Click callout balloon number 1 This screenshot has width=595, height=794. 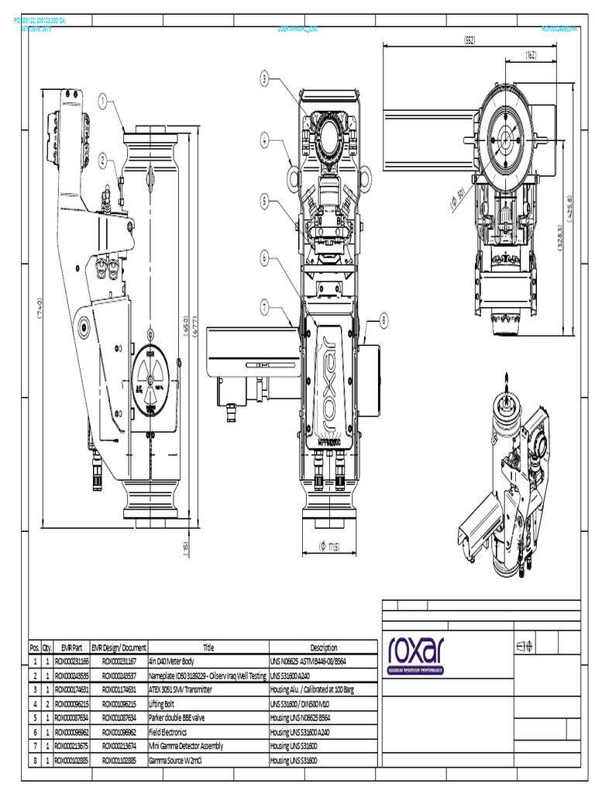[103, 100]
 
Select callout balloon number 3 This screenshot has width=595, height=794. [264, 78]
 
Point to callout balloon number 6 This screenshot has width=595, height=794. [264, 257]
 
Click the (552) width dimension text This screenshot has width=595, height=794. [469, 38]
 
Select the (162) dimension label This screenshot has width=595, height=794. [531, 54]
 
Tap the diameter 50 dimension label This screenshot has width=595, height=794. [458, 198]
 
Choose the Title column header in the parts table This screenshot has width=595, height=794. [208, 647]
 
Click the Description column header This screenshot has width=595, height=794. [323, 647]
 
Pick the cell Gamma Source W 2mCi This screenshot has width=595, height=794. [175, 760]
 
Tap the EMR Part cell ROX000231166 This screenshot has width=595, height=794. [71, 662]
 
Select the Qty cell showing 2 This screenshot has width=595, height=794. [47, 704]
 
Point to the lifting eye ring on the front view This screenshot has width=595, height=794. [292, 178]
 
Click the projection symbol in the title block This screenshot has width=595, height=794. [524, 645]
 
